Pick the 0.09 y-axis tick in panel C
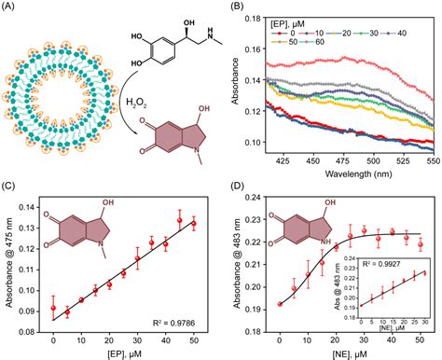coord(35,310)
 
